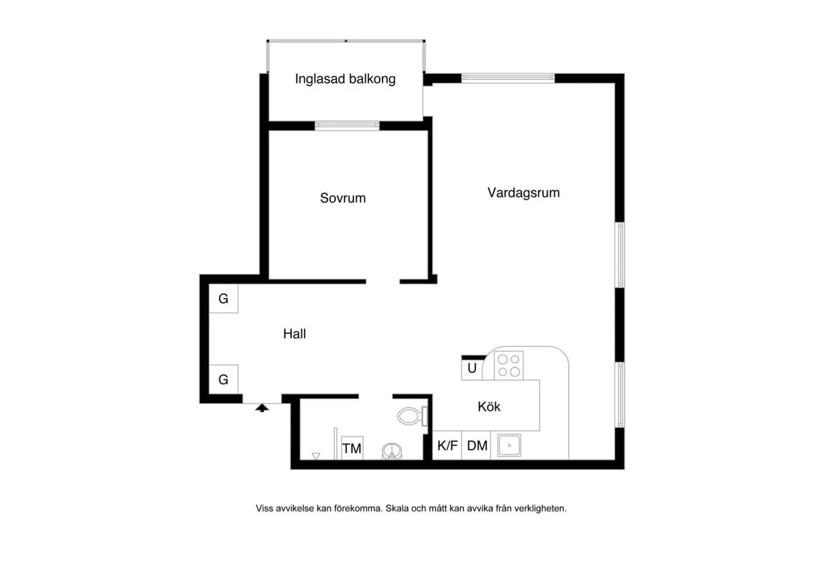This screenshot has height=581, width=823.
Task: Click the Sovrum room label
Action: click(343, 199)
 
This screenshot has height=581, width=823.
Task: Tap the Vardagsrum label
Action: click(523, 193)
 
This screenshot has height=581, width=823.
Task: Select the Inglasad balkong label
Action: click(345, 79)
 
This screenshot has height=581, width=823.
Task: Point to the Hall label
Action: click(294, 334)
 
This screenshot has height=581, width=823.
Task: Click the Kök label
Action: click(489, 407)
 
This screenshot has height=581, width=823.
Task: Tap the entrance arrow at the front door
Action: click(262, 407)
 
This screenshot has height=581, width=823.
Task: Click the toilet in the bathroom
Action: click(412, 416)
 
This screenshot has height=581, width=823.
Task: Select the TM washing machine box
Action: click(352, 448)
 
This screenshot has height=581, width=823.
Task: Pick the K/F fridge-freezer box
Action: click(447, 445)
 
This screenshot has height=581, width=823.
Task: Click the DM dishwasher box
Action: click(476, 445)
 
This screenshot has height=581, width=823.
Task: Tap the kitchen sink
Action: click(509, 445)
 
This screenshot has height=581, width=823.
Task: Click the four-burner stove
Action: click(509, 366)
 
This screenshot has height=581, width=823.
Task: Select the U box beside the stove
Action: click(472, 368)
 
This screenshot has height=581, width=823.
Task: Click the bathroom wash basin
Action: click(392, 452)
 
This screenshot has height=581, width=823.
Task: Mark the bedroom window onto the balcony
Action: click(347, 125)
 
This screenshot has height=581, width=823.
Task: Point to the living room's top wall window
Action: click(508, 78)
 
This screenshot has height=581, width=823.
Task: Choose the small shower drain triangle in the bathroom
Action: click(316, 456)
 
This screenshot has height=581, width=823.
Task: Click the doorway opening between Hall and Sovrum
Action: click(383, 282)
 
